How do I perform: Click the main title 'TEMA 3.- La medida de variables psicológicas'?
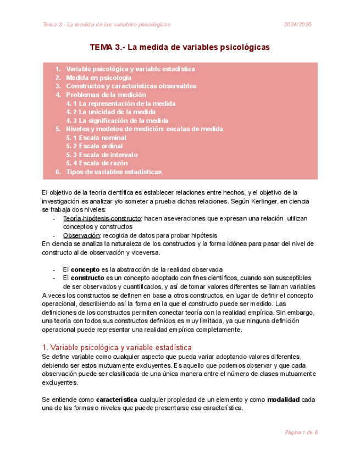click(x=179, y=48)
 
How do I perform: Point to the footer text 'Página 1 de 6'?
click(x=301, y=432)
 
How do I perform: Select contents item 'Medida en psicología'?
click(x=99, y=78)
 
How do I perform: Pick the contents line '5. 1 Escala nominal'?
click(x=96, y=137)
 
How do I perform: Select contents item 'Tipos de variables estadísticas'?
click(x=114, y=172)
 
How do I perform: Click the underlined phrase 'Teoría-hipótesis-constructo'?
click(x=103, y=218)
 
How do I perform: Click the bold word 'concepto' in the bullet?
click(x=85, y=270)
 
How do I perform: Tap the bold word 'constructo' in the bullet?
click(x=88, y=278)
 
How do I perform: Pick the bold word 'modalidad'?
click(x=283, y=400)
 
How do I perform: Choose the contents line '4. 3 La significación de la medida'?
click(x=117, y=120)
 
